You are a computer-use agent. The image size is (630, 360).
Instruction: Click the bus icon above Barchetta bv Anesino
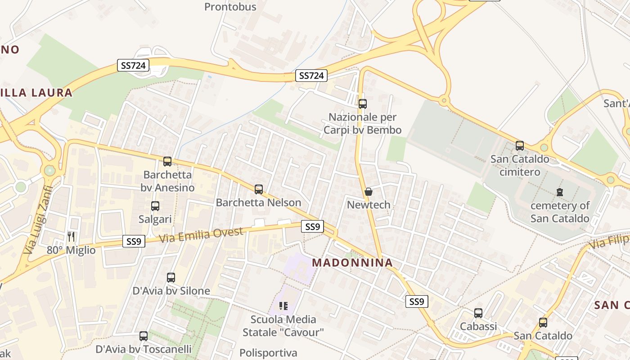click(167, 161)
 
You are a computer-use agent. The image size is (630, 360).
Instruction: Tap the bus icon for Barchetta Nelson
click(259, 189)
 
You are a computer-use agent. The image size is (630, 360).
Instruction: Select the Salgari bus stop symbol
click(155, 206)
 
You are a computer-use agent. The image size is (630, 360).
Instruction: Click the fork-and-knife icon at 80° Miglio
click(71, 236)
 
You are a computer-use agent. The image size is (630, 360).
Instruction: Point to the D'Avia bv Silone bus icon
click(171, 277)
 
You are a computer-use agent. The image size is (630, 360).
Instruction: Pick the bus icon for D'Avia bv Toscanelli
click(144, 336)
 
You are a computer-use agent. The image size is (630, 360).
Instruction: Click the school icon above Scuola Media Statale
click(283, 306)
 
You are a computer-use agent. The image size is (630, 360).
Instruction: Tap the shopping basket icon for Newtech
click(369, 192)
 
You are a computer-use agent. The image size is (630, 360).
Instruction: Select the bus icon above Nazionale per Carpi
click(363, 104)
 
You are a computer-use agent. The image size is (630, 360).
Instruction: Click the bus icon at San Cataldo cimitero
click(520, 146)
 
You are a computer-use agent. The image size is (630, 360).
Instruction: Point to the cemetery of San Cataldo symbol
click(560, 192)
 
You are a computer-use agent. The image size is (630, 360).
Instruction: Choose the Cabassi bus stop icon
click(478, 313)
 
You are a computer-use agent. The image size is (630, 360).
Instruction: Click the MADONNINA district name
click(352, 262)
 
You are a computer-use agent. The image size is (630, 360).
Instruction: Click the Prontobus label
click(230, 7)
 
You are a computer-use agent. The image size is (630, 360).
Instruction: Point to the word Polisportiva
click(268, 353)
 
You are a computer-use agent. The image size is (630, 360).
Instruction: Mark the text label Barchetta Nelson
click(258, 202)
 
